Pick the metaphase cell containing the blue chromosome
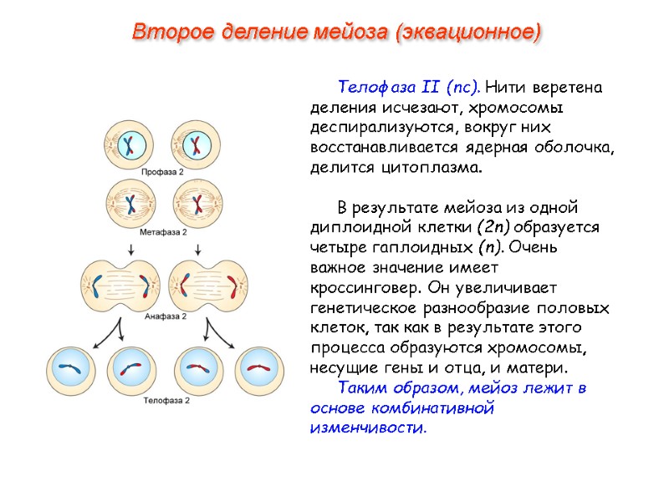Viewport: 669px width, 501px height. tap(130, 203)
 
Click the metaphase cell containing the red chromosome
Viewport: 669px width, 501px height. tap(197, 203)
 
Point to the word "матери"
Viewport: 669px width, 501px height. tap(539, 368)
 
